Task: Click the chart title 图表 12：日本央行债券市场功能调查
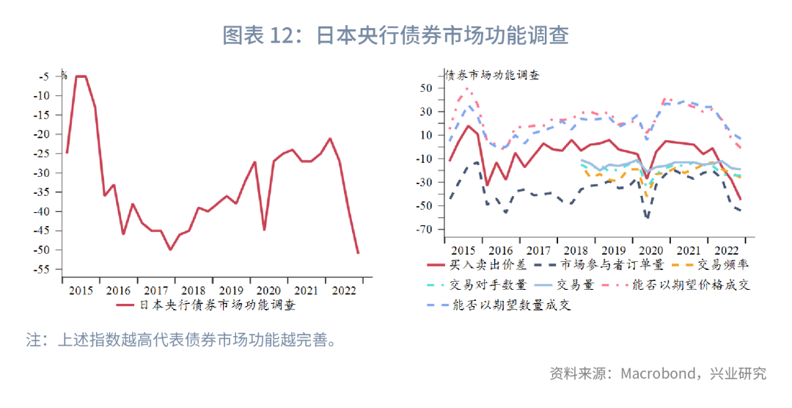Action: (x=396, y=35)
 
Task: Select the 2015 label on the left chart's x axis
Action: (x=81, y=290)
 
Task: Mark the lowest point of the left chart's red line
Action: (x=358, y=253)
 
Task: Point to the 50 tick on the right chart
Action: (x=428, y=88)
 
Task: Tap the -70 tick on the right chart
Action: (x=425, y=230)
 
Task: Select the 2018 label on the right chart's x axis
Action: (x=576, y=250)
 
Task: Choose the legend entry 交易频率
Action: (x=723, y=266)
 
